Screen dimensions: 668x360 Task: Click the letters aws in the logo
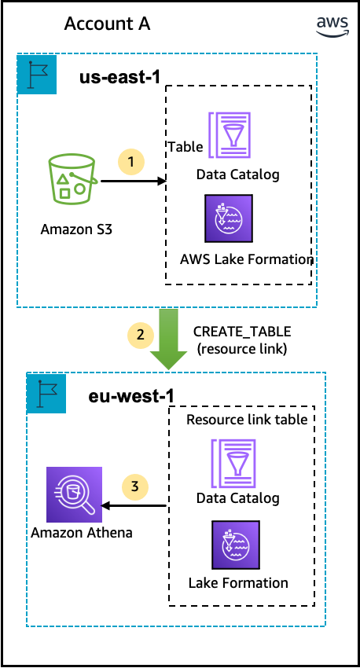pyautogui.click(x=332, y=22)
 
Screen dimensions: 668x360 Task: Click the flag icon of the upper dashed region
pyautogui.click(x=37, y=75)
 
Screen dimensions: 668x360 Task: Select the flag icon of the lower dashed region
pyautogui.click(x=46, y=394)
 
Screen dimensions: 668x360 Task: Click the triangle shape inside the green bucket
pyautogui.click(x=63, y=178)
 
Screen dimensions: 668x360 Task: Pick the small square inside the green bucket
pyautogui.click(x=64, y=193)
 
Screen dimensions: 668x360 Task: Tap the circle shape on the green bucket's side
pyautogui.click(x=80, y=189)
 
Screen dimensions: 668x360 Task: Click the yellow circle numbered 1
pyautogui.click(x=131, y=162)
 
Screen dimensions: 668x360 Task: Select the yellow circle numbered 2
pyautogui.click(x=141, y=335)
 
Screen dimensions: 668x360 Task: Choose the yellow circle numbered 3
pyautogui.click(x=134, y=487)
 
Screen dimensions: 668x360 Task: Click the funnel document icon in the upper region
pyautogui.click(x=230, y=135)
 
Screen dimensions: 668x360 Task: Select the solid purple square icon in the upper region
pyautogui.click(x=229, y=218)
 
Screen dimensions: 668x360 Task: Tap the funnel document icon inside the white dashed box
pyautogui.click(x=233, y=464)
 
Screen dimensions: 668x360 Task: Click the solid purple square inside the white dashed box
pyautogui.click(x=236, y=545)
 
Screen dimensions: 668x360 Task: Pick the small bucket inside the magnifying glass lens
pyautogui.click(x=73, y=492)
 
